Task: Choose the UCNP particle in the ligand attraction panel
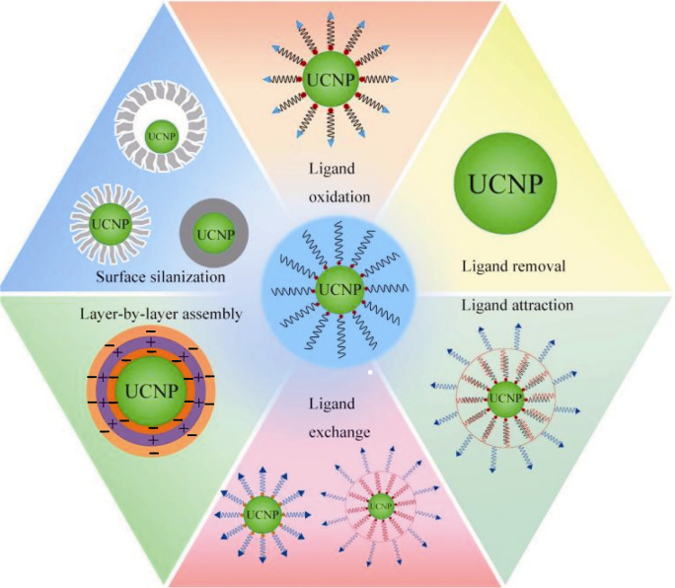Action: (507, 398)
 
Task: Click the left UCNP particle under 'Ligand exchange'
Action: (262, 515)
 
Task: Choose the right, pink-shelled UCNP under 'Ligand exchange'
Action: (382, 508)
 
